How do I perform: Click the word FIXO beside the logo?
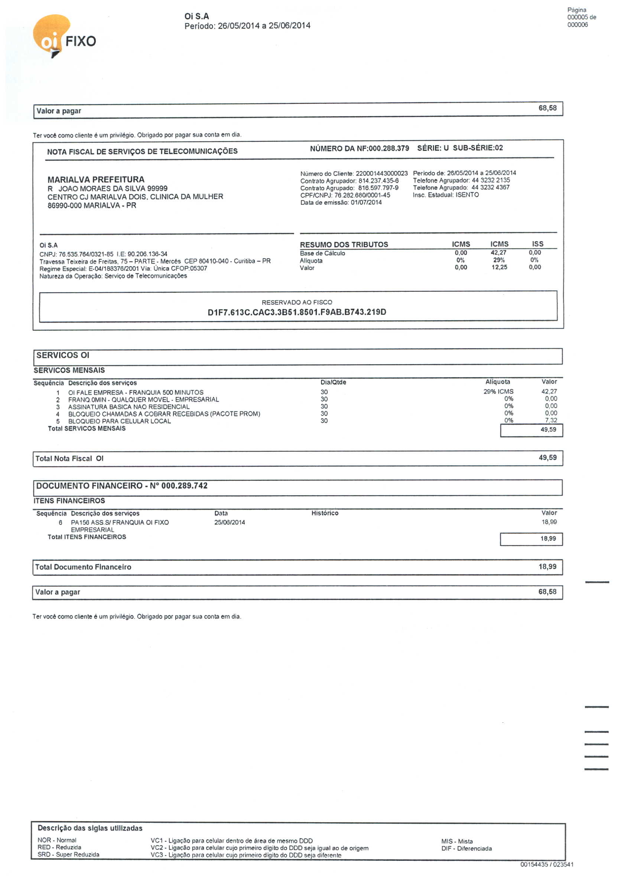[x=81, y=41]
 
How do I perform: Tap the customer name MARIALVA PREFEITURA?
[x=96, y=180]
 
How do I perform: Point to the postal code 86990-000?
[x=63, y=206]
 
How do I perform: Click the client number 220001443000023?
[x=381, y=173]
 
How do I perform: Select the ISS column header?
[x=537, y=244]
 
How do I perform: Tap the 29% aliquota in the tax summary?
[x=498, y=260]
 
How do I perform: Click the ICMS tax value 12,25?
[x=499, y=267]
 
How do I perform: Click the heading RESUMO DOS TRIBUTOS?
[x=344, y=245]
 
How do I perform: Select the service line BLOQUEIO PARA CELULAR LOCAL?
[x=119, y=421]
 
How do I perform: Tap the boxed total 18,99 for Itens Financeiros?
[x=548, y=539]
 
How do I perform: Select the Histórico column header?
[x=325, y=513]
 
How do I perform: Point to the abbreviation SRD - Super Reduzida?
[x=68, y=855]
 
